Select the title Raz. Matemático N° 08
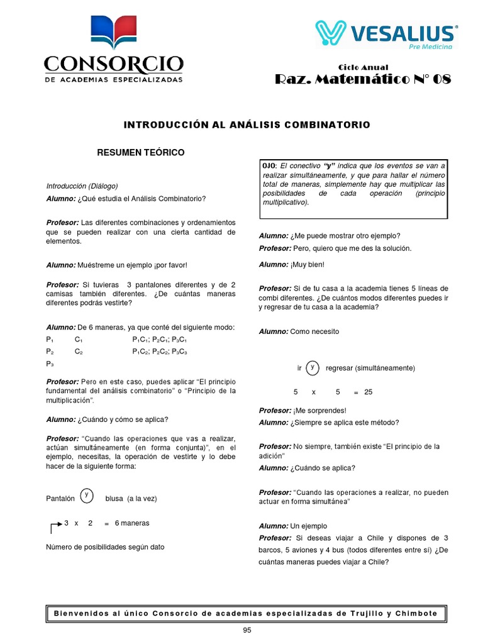(x=363, y=80)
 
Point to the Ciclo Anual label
(x=363, y=67)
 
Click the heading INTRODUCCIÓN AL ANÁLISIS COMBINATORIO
(x=247, y=125)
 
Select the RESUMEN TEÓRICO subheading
(x=140, y=153)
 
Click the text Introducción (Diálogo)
(x=82, y=186)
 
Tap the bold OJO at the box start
(x=269, y=165)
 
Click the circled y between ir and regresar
(x=313, y=368)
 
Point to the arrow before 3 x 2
(x=55, y=526)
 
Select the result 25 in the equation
(x=368, y=392)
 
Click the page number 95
(x=247, y=631)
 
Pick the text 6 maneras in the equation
(x=132, y=523)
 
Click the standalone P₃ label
(x=50, y=364)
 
